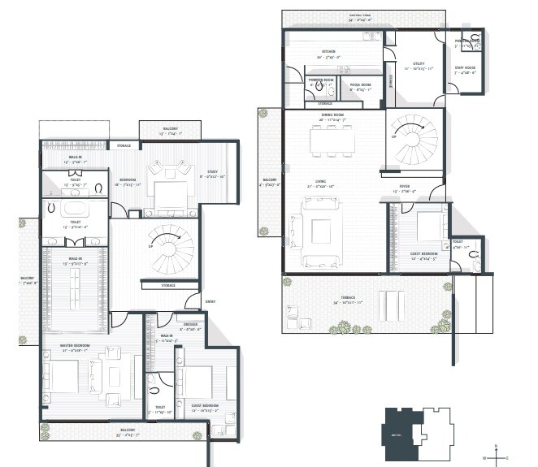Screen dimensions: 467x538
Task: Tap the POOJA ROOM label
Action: (361, 84)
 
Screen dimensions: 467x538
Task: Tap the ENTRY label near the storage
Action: (210, 302)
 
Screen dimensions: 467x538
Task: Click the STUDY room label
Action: (210, 171)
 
